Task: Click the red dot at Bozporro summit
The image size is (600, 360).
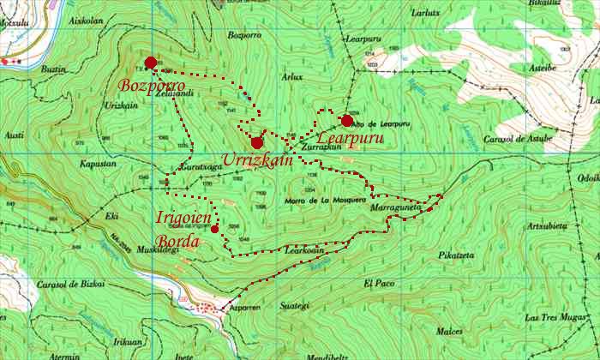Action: pos(151,63)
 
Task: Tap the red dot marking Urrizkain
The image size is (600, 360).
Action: pos(256,142)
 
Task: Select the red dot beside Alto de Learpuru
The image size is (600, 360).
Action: pos(347,121)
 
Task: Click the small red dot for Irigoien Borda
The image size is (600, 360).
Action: pos(214,229)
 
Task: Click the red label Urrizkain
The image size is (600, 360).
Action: pos(258,160)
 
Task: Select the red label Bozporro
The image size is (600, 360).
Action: pos(153,86)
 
